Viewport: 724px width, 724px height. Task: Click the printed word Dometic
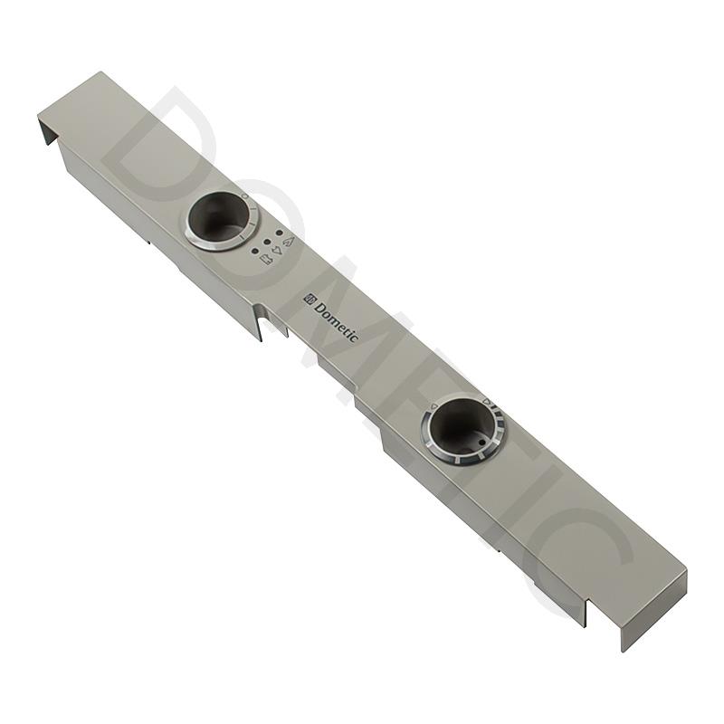point(336,319)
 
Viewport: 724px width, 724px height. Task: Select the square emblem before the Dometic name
point(309,299)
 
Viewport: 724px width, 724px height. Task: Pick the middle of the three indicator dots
point(266,242)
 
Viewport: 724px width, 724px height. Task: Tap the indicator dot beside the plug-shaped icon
point(254,252)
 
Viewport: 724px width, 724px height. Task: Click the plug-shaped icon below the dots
point(267,260)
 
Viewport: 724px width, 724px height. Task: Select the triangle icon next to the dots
point(290,241)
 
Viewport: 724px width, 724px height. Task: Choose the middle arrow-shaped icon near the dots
point(278,251)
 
